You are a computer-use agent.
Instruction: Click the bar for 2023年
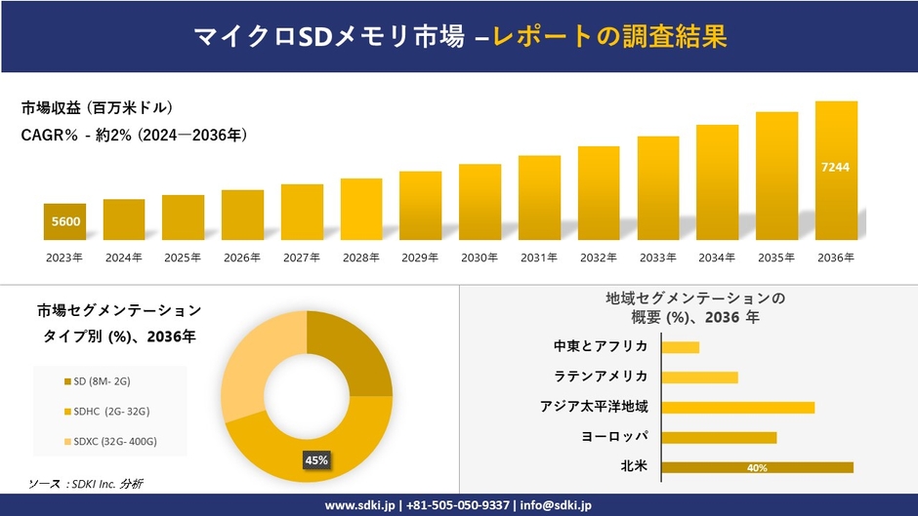click(x=64, y=221)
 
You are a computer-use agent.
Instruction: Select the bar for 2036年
click(x=836, y=171)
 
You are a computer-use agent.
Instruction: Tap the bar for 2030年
click(x=480, y=202)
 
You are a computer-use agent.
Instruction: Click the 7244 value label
click(x=836, y=167)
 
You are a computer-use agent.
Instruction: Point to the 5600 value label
click(x=65, y=222)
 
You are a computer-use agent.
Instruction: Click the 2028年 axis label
click(x=361, y=258)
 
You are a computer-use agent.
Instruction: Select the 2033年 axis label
click(x=657, y=258)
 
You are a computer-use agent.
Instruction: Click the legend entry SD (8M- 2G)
click(x=104, y=380)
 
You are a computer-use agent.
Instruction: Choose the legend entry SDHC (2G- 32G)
click(x=106, y=411)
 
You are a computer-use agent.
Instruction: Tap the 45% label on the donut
click(x=316, y=459)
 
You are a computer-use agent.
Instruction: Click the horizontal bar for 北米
click(x=757, y=467)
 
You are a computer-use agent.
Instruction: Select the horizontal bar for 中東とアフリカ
click(x=680, y=347)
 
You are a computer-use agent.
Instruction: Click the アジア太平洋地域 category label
click(x=594, y=407)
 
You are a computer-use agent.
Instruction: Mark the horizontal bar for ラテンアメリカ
click(x=699, y=377)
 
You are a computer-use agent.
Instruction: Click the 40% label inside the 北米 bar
click(x=757, y=468)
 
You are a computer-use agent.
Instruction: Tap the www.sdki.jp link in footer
click(x=359, y=505)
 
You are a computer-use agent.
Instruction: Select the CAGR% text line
click(x=134, y=136)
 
